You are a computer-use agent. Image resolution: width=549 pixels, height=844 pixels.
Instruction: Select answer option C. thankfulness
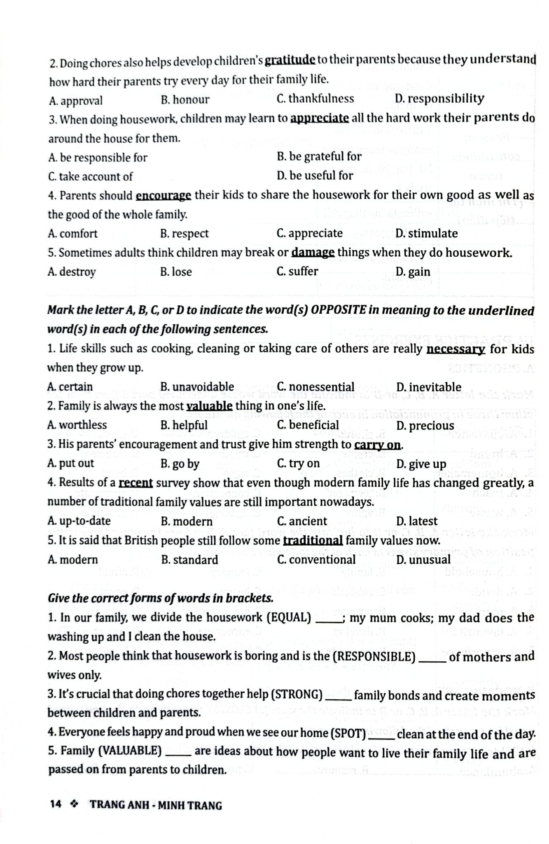[x=315, y=99]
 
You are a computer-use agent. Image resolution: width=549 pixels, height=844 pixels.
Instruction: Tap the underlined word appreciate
[x=320, y=118]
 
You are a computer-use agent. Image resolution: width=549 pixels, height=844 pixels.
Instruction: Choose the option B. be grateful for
[x=319, y=157]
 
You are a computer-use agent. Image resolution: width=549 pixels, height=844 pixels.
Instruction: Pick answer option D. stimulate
[x=426, y=234]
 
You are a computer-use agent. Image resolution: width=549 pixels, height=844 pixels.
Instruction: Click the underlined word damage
[x=313, y=252]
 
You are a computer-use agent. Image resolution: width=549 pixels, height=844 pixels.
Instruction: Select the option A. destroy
[x=72, y=272]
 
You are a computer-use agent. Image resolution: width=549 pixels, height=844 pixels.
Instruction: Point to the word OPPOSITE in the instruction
[x=338, y=310]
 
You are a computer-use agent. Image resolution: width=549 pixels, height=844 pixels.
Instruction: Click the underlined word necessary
[x=456, y=349]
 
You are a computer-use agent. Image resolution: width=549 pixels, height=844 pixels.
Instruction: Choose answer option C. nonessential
[x=315, y=387]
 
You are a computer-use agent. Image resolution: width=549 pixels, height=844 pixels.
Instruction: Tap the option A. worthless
[x=77, y=425]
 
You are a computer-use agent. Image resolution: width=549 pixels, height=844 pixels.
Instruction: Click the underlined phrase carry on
[x=377, y=445]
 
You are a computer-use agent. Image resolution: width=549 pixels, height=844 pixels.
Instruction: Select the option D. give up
[x=421, y=464]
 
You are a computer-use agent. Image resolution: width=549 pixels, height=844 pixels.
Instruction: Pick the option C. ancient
[x=302, y=521]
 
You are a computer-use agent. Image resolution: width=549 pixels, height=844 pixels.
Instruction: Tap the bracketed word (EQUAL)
[x=289, y=617]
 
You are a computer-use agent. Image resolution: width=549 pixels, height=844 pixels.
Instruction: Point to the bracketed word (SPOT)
[x=348, y=734]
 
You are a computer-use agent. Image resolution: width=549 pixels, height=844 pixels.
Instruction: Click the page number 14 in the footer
[x=55, y=804]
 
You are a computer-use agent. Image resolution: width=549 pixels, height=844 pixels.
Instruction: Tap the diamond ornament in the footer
[x=75, y=804]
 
